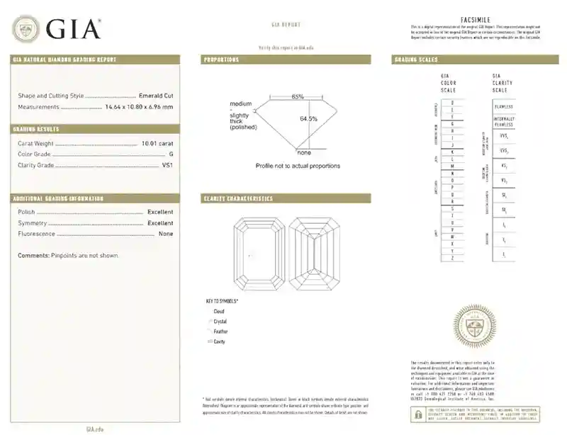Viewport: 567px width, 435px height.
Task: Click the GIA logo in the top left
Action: (57, 28)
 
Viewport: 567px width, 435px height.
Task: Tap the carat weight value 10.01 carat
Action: (157, 143)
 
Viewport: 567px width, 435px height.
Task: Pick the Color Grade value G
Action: (171, 154)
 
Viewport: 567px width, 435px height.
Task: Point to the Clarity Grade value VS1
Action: (167, 165)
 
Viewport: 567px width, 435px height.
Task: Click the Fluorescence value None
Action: (166, 234)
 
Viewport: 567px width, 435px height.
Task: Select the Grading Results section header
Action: (36, 129)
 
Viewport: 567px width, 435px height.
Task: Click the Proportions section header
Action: (221, 60)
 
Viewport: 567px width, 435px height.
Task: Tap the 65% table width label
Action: (297, 96)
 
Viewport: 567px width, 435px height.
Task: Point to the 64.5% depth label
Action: (308, 118)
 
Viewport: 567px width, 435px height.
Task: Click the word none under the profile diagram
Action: (304, 152)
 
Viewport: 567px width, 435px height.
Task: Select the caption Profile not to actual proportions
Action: (298, 166)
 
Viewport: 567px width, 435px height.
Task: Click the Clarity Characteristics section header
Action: (237, 198)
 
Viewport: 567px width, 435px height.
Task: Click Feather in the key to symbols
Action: (220, 331)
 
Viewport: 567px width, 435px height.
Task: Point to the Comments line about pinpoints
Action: (68, 255)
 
